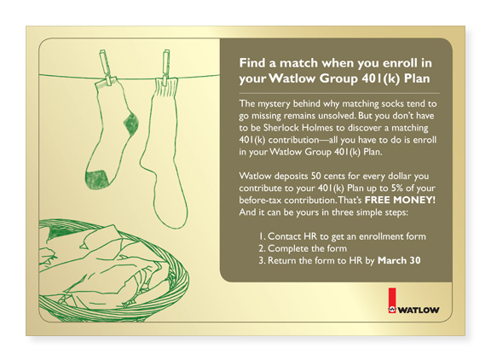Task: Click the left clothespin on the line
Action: click(105, 67)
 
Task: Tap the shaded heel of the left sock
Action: click(131, 124)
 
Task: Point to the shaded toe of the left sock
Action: click(96, 179)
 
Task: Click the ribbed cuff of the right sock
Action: click(166, 89)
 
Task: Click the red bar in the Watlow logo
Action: click(392, 298)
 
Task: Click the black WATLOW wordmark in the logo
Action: click(419, 311)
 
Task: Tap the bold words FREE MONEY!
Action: click(400, 200)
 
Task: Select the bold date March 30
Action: click(399, 260)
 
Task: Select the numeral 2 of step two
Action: click(261, 248)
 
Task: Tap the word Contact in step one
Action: click(284, 236)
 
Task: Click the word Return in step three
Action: click(282, 261)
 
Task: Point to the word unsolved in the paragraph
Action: click(337, 116)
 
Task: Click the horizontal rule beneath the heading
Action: click(339, 93)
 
